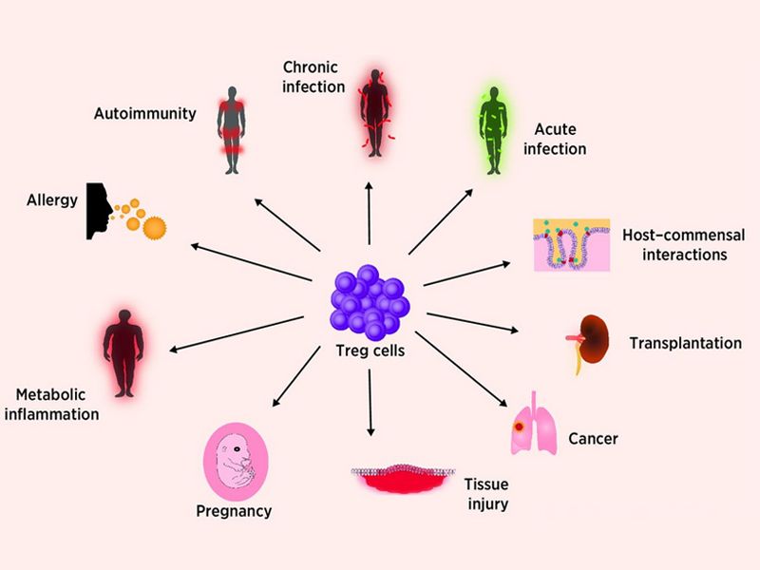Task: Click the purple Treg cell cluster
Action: [x=370, y=302]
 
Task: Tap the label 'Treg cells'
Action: [x=371, y=351]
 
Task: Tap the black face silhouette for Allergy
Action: [x=99, y=210]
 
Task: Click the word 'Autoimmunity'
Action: [x=144, y=114]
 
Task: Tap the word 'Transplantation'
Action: [x=685, y=343]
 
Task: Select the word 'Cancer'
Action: [x=593, y=439]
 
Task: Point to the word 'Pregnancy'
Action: [x=234, y=511]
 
